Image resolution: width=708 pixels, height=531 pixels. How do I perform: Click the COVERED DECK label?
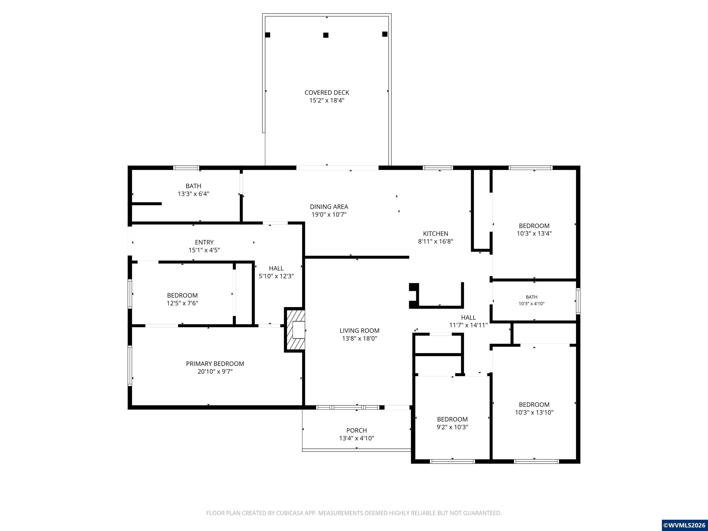[327, 92]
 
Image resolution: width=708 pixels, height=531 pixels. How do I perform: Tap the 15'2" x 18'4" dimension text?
[327, 100]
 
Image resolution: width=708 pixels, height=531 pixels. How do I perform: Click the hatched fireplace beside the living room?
[295, 330]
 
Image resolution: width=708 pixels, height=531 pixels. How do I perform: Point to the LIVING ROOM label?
[360, 331]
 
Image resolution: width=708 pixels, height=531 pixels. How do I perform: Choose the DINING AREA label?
[329, 207]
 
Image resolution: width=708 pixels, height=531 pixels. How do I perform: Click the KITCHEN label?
[436, 234]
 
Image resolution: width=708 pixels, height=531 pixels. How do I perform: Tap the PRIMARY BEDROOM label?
[215, 364]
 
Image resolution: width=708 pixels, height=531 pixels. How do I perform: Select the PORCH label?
[357, 431]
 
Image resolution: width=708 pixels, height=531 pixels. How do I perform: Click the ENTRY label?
[204, 242]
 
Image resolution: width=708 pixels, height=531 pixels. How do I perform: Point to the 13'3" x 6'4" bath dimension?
[194, 194]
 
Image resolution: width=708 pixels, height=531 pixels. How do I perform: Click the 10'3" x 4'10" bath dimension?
[532, 304]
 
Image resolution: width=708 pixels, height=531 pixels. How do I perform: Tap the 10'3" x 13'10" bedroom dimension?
[534, 412]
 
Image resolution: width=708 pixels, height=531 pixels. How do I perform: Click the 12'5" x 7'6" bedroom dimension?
[183, 303]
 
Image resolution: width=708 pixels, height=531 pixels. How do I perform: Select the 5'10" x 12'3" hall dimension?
[276, 276]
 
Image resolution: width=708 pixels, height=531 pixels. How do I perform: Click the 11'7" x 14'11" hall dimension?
[469, 325]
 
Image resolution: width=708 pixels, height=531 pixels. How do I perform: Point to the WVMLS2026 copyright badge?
[684, 525]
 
